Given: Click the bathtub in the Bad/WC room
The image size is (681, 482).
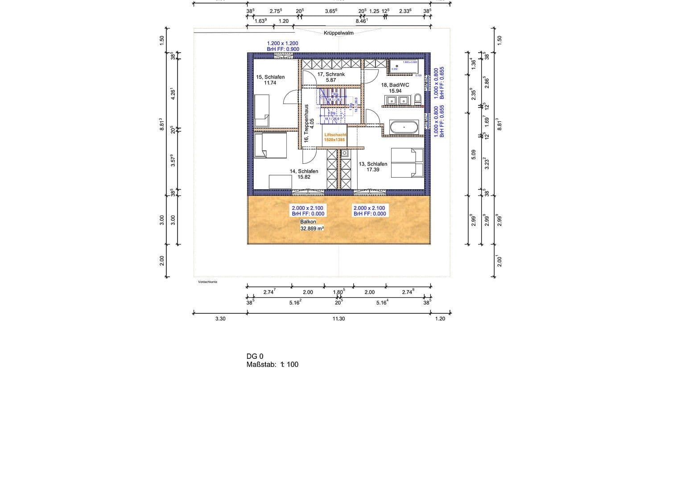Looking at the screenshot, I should click(404, 127).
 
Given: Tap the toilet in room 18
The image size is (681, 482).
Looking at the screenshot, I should click(418, 99).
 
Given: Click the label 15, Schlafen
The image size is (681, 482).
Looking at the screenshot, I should click(270, 77).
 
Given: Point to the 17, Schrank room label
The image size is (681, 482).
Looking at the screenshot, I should click(331, 74).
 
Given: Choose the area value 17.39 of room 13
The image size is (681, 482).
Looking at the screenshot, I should click(373, 170).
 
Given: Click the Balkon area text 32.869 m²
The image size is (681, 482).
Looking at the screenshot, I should click(312, 229).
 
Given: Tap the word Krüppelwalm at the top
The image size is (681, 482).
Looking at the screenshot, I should click(338, 33).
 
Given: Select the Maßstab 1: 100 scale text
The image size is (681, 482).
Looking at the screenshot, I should click(272, 364).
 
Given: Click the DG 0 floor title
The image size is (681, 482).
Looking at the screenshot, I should click(255, 356).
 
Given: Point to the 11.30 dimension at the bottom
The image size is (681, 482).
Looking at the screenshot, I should click(339, 319).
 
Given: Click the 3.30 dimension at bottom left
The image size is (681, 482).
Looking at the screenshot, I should click(220, 319).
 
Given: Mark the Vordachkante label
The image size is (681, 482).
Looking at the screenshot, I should click(207, 282).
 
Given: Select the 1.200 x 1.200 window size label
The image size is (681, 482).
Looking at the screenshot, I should click(283, 43).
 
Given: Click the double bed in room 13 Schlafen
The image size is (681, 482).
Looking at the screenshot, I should click(407, 162).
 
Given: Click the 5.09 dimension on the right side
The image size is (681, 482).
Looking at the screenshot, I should click(474, 154).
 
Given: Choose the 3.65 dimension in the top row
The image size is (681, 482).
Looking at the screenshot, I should click(330, 11).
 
